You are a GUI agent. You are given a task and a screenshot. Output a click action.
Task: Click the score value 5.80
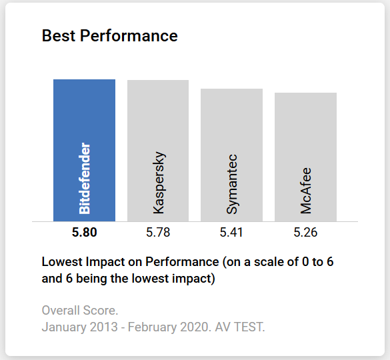pos(85,233)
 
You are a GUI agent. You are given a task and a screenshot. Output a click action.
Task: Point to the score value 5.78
pos(158,233)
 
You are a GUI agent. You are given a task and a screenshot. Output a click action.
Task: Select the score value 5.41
pos(231,233)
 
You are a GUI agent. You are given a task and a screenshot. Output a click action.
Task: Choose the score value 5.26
pos(305,233)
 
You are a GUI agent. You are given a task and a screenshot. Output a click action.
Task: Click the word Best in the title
pos(59,36)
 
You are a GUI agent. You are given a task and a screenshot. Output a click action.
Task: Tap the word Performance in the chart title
pos(129,36)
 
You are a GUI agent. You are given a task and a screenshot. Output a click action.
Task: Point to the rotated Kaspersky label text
pos(159,183)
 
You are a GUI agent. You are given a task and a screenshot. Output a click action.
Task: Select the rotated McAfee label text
pos(306,190)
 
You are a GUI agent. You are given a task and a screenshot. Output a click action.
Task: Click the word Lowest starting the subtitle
pos(61,262)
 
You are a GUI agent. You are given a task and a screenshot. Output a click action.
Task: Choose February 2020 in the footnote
pos(154,327)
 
